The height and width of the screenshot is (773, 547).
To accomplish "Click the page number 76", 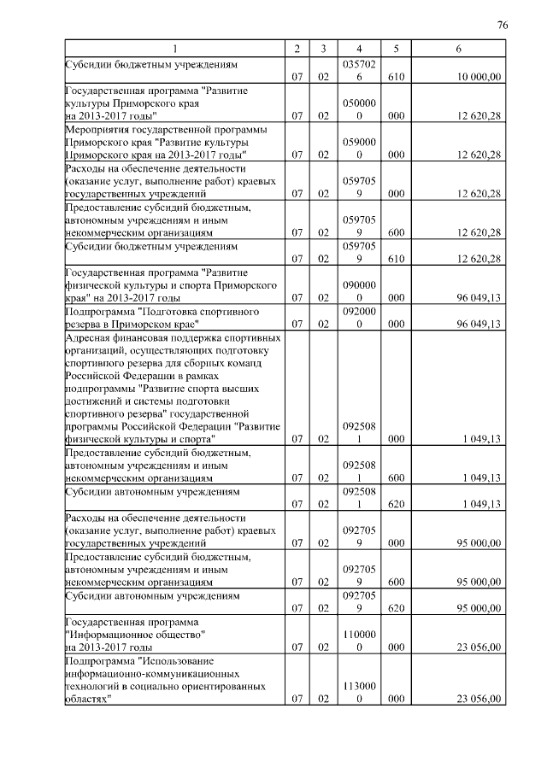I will coord(503,26).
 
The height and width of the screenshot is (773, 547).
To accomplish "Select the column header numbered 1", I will coord(176,50).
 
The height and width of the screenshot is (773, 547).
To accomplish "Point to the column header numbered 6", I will coord(459,50).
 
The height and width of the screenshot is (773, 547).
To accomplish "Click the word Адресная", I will coord(92,337).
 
